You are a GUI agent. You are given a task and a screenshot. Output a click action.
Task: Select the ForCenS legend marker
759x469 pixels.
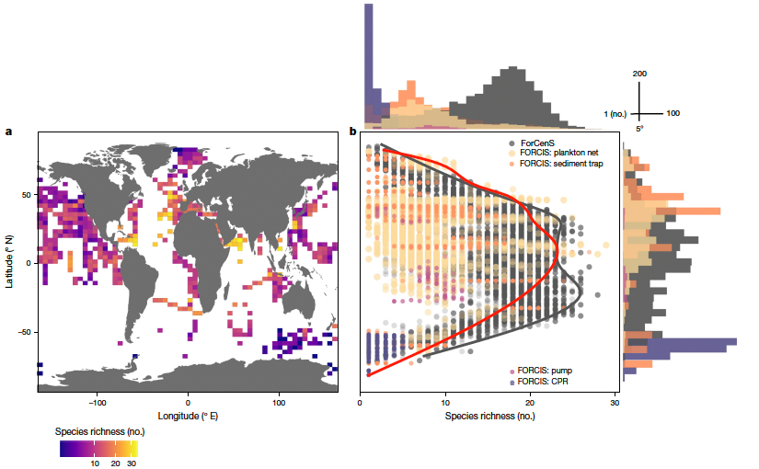pos(512,143)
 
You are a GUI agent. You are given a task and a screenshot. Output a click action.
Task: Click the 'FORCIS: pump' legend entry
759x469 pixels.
pos(547,370)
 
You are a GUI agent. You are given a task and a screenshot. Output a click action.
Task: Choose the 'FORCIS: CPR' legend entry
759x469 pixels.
pos(546,380)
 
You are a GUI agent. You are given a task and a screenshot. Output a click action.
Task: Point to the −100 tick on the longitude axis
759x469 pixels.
pos(98,403)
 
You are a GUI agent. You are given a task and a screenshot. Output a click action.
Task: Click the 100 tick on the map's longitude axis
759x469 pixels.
pos(278,403)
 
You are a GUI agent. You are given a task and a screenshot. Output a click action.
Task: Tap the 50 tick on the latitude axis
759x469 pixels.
pos(27,195)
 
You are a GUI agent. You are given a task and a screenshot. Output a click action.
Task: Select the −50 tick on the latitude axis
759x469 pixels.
pos(24,331)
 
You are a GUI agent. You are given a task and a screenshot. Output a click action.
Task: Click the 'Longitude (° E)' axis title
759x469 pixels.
pos(188,416)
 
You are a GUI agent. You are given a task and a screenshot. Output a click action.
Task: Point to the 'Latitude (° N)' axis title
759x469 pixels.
pos(8,262)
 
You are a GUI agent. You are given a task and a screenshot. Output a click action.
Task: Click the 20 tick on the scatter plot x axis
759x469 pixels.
pos(530,403)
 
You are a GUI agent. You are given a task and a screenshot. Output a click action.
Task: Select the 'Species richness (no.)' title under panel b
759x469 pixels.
pos(488,416)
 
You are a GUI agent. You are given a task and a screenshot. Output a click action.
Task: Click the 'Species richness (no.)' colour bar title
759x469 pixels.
pos(98,430)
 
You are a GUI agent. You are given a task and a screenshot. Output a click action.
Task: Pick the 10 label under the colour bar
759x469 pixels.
pos(94,464)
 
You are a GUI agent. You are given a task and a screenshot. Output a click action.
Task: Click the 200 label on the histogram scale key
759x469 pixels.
pos(641,73)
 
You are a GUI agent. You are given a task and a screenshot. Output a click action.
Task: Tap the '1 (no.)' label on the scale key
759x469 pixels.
pos(615,113)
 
